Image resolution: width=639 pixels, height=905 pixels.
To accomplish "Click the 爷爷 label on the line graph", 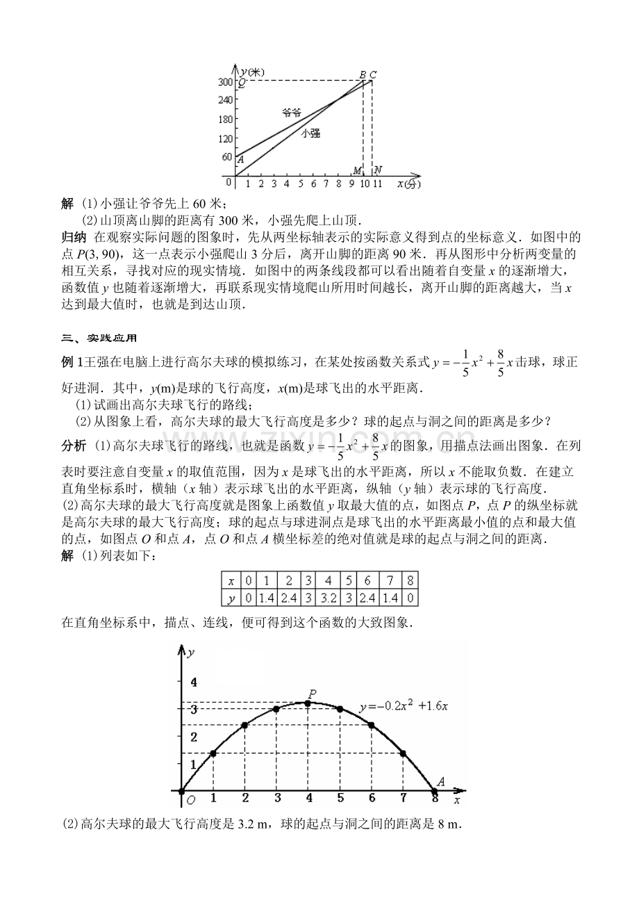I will tap(292, 112).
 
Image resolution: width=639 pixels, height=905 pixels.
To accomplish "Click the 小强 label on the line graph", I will tap(310, 133).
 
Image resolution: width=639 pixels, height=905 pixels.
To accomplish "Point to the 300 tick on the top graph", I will tap(224, 82).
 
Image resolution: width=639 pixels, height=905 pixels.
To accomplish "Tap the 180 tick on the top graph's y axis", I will tap(224, 120).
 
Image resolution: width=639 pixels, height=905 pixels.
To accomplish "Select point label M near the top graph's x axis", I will tap(357, 171).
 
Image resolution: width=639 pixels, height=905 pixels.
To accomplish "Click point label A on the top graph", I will tap(240, 160).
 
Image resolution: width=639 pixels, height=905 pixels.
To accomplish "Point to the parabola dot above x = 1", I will tap(213, 753).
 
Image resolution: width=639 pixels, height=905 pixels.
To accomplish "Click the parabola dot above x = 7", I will tap(403, 753).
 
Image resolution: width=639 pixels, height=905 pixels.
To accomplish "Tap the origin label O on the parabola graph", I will tap(191, 801).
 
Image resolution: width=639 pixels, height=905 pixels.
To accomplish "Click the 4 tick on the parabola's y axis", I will tap(194, 680).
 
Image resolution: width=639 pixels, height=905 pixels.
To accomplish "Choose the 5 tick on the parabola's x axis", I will tap(340, 797).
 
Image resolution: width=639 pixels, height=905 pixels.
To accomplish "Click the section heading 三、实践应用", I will tap(99, 339).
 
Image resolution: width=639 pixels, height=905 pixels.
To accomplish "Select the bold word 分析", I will tap(74, 445).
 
